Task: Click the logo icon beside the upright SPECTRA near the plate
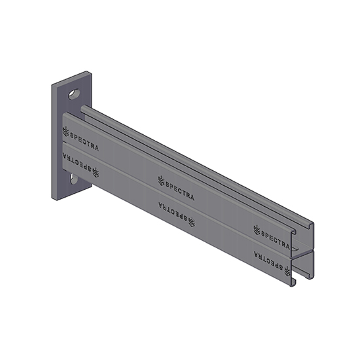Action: tap(65, 131)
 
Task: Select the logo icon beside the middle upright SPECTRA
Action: tap(161, 179)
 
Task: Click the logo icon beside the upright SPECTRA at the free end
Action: tap(257, 228)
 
